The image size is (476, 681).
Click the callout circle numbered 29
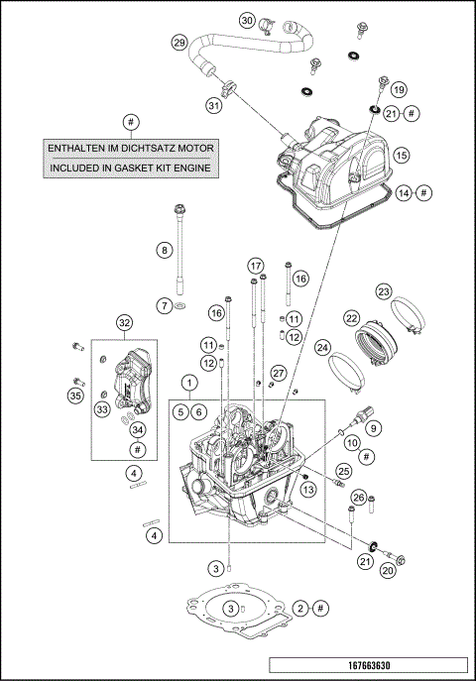click(x=178, y=43)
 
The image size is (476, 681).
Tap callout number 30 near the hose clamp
click(x=247, y=20)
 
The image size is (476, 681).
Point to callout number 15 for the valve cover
click(x=401, y=156)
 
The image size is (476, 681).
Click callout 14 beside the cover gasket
click(x=403, y=193)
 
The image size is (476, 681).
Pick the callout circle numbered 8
click(x=165, y=251)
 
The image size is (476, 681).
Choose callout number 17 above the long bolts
click(x=256, y=266)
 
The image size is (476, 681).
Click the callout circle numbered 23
click(x=384, y=291)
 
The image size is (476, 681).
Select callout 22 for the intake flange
click(x=351, y=318)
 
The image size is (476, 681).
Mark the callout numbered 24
click(x=322, y=348)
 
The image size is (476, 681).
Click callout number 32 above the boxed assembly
click(x=124, y=322)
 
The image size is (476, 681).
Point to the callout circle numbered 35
click(x=75, y=396)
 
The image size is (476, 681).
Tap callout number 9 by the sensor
click(x=374, y=428)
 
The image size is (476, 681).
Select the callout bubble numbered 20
click(x=388, y=570)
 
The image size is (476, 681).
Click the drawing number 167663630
click(x=368, y=664)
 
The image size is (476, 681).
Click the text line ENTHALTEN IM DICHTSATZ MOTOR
click(x=132, y=148)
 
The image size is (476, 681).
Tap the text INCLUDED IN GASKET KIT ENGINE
click(x=132, y=168)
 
